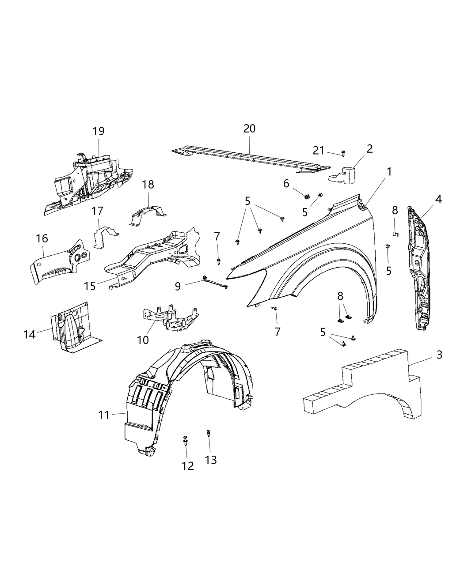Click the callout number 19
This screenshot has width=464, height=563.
[98, 131]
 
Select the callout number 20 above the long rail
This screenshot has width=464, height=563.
[249, 128]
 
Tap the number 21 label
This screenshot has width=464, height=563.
[319, 151]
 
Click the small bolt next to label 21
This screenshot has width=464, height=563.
[343, 153]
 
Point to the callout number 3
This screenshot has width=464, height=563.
[439, 355]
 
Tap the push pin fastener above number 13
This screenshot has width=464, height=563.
[208, 434]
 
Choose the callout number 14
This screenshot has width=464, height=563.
[29, 334]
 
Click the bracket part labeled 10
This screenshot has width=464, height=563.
[170, 318]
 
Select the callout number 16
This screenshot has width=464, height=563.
[42, 239]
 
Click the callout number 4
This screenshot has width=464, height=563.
[438, 199]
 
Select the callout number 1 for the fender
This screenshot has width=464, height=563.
[389, 171]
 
